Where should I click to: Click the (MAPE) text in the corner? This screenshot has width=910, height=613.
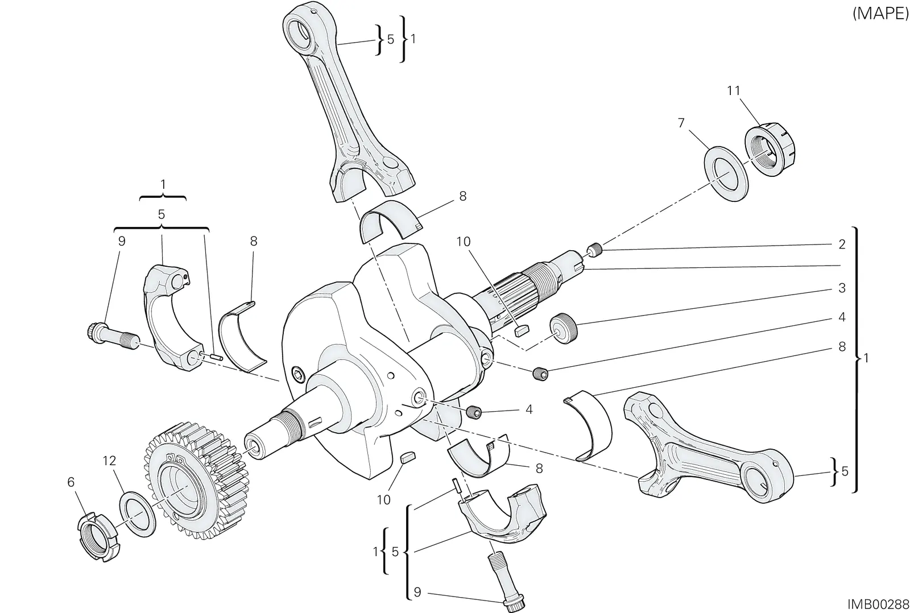coord(880,14)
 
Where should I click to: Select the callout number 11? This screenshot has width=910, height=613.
coord(733,90)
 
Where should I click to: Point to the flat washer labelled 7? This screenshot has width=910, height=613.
coord(726,174)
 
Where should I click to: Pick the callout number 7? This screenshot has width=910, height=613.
coord(681,123)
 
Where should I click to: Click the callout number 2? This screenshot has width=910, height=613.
coord(842,244)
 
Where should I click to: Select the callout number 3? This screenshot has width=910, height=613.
coord(842,288)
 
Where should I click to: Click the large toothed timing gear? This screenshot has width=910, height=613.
coord(196,479)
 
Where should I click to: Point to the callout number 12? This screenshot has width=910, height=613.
coord(109,461)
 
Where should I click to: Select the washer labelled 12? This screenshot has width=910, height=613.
coord(138,514)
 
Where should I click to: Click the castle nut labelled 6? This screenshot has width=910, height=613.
coord(99,537)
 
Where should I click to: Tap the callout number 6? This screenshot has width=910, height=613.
coord(71,482)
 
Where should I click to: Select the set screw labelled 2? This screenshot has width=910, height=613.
coord(594,249)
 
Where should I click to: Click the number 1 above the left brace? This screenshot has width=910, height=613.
coord(163,185)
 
